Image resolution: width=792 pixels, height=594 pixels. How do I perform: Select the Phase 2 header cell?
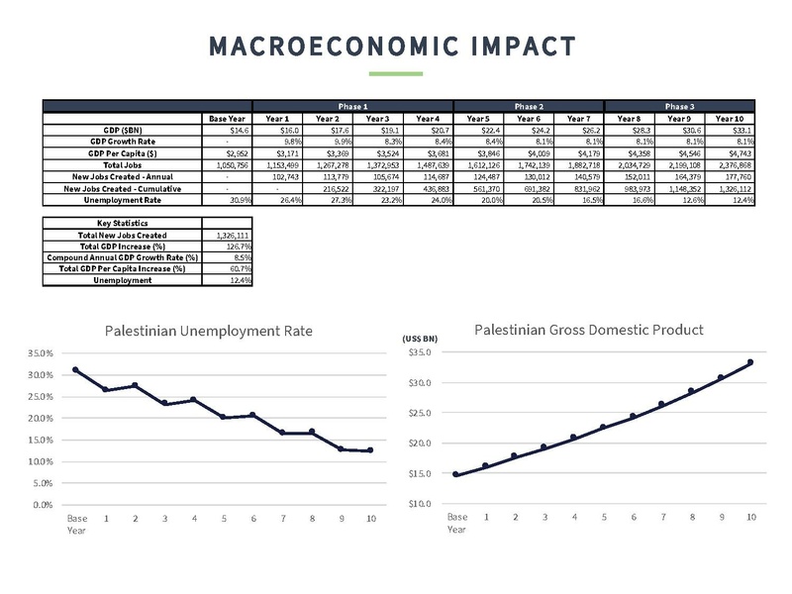coord(528,106)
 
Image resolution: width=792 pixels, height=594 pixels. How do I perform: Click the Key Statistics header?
coord(122,223)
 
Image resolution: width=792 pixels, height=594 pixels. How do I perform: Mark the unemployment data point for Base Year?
coord(76,369)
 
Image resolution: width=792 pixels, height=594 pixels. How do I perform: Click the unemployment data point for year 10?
coord(370,450)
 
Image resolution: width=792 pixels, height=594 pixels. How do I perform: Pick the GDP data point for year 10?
coord(750,362)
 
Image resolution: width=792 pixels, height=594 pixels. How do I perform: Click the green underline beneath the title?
coord(395,73)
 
